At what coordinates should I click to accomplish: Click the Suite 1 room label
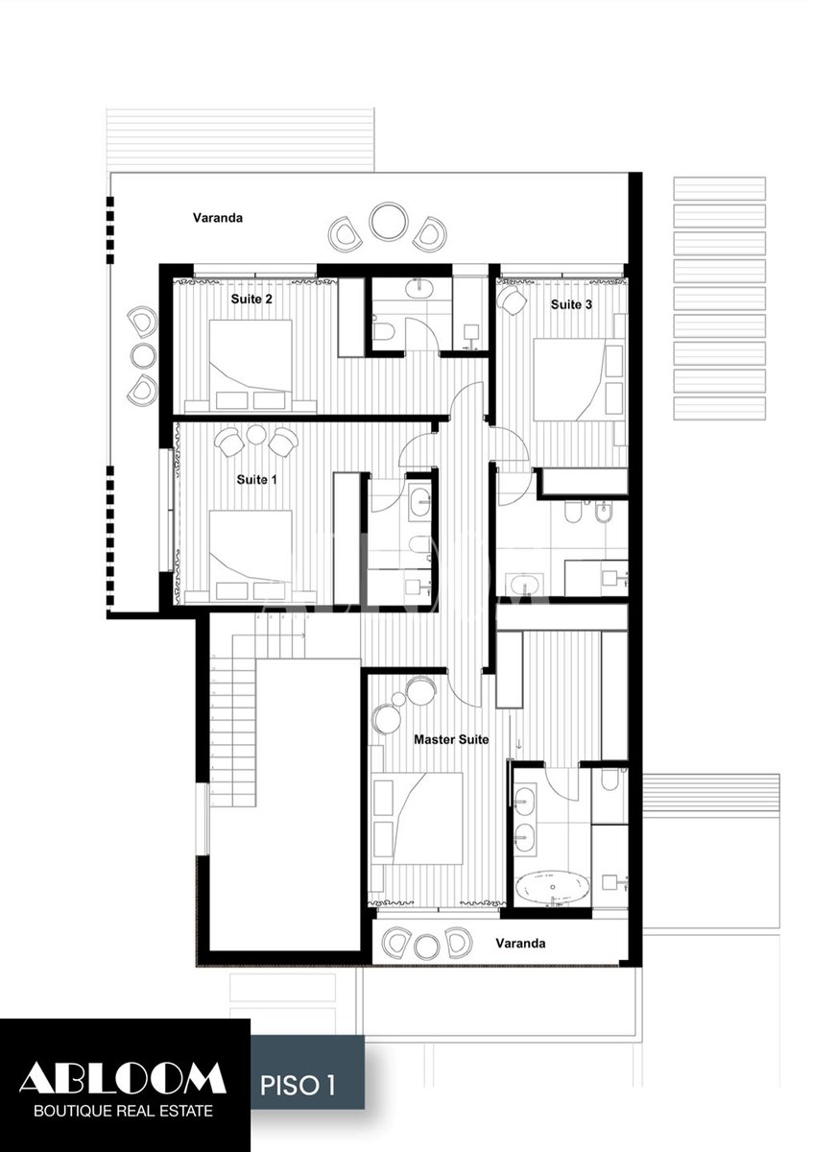coord(256,480)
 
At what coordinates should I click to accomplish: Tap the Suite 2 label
coord(251,299)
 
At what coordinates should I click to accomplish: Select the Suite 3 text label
coord(571,304)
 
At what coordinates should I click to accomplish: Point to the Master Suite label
coord(451,739)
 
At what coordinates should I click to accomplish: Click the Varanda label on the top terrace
coord(218,218)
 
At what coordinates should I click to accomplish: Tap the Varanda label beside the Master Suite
coord(520,943)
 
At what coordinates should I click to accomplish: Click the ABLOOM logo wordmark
coord(123,1078)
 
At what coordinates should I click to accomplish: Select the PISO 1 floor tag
coord(298,1082)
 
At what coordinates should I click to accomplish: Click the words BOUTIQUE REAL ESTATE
coord(124,1110)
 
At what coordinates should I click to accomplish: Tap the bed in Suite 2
coord(251,366)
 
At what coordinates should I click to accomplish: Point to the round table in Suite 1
coord(255,435)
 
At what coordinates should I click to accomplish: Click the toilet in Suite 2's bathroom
coord(383,332)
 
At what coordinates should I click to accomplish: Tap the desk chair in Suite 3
coord(513,300)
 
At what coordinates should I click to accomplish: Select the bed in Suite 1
coord(251,556)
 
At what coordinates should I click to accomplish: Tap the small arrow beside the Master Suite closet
coord(519,744)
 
